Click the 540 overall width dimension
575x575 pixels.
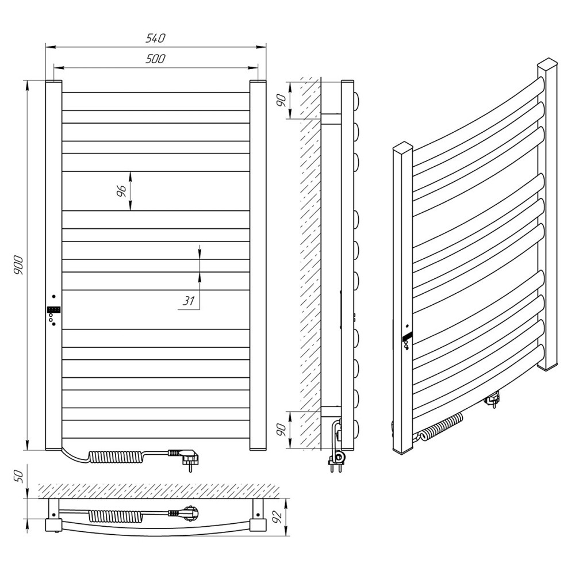(155, 38)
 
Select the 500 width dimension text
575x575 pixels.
(155, 59)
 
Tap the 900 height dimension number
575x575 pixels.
(19, 266)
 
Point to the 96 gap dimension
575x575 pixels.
(121, 191)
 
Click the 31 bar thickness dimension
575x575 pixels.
(189, 301)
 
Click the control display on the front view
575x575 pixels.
(53, 310)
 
